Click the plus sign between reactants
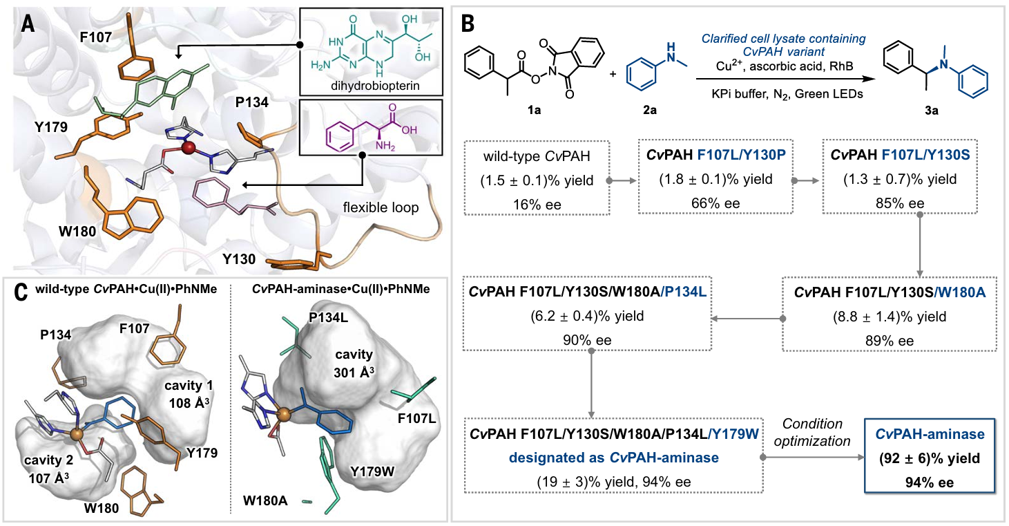[x=613, y=71]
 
